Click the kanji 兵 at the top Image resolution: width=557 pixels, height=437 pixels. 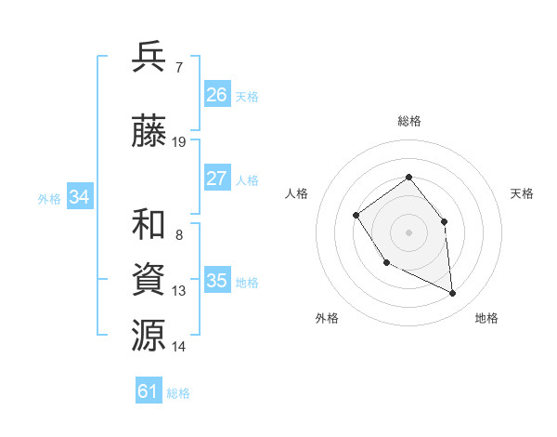149,57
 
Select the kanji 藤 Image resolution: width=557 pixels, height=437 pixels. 149,130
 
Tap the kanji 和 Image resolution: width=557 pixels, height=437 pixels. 149,224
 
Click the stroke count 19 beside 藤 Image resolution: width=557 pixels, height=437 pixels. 179,142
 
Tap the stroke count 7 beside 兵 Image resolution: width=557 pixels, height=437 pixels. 178,68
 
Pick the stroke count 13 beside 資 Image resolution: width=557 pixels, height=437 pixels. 179,291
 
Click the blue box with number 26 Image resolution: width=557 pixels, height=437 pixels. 217,95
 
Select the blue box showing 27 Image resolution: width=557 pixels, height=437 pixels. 217,179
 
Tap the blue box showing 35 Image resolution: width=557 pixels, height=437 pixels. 217,281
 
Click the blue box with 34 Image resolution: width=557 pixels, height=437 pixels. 80,197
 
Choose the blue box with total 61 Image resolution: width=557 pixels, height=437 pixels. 149,391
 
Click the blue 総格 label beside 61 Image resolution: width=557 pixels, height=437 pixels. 178,393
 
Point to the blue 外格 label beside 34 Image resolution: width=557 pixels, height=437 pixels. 49,199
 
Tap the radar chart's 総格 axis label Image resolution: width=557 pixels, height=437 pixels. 409,121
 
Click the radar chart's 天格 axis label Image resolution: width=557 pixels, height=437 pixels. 523,193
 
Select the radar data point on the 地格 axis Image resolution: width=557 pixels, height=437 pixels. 452,294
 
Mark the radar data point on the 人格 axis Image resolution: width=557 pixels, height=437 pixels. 356,216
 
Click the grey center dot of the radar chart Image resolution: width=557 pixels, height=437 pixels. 408,232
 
